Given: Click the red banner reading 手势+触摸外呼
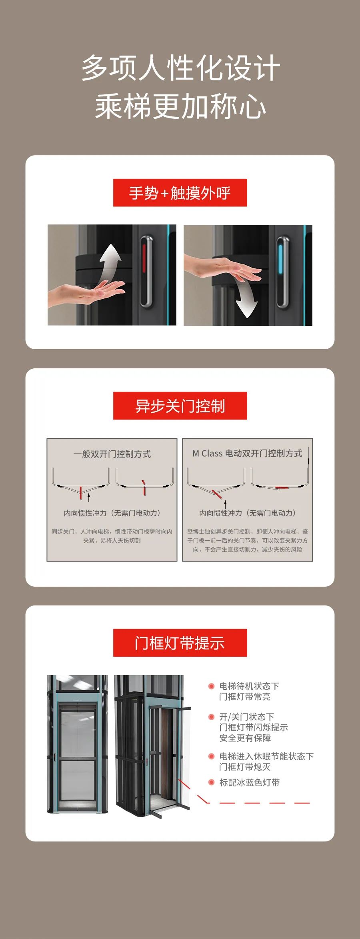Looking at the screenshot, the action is tap(180, 193).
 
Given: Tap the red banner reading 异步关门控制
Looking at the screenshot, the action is tap(180, 406).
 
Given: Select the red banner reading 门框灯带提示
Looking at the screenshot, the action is tap(180, 643).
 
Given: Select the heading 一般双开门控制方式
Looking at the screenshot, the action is tap(112, 454).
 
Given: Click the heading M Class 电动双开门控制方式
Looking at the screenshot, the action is tap(247, 453).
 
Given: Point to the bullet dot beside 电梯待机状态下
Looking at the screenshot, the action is tap(211, 686).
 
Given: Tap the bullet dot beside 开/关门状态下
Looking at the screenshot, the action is tap(211, 717).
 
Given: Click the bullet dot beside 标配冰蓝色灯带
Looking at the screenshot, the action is tap(211, 782).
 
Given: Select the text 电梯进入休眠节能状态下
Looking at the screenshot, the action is tap(266, 756).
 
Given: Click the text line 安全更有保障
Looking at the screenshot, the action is tap(245, 738).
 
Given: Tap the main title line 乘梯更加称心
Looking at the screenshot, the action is tap(180, 107).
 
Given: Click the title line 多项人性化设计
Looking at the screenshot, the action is tap(180, 68).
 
